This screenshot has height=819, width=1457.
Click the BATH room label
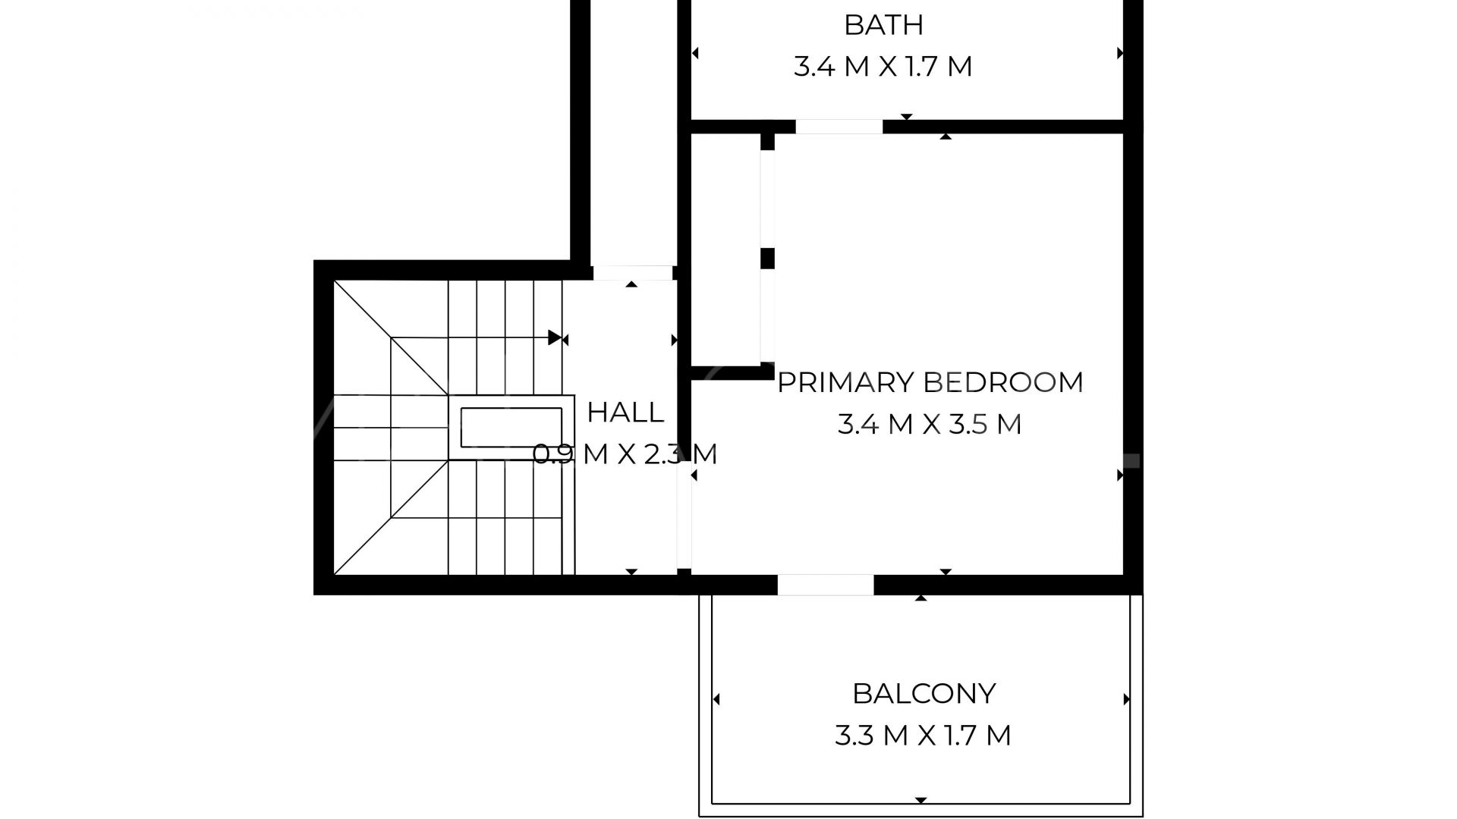883,25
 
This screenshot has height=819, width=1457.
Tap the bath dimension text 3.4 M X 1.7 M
883,67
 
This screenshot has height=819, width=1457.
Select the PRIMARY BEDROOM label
930,382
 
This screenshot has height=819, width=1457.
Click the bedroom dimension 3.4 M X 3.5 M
930,424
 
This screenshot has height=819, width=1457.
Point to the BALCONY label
924,693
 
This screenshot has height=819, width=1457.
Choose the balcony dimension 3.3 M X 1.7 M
923,736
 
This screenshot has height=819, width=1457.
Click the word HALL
625,413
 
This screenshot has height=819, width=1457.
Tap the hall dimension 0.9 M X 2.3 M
625,454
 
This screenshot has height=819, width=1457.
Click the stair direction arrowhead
555,337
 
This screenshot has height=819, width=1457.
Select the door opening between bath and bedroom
839,127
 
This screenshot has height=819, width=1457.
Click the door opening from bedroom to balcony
826,585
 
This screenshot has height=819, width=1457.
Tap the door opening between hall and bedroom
684,504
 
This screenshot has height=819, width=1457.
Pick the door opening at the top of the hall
633,273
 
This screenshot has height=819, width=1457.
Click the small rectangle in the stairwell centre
512,428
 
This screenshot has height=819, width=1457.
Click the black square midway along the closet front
767,258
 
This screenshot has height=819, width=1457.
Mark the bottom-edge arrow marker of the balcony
920,800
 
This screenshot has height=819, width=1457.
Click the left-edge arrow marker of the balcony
716,699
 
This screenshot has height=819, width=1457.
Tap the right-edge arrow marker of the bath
1120,53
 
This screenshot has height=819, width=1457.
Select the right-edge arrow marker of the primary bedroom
1120,475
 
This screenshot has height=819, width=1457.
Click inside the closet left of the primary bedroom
725,250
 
